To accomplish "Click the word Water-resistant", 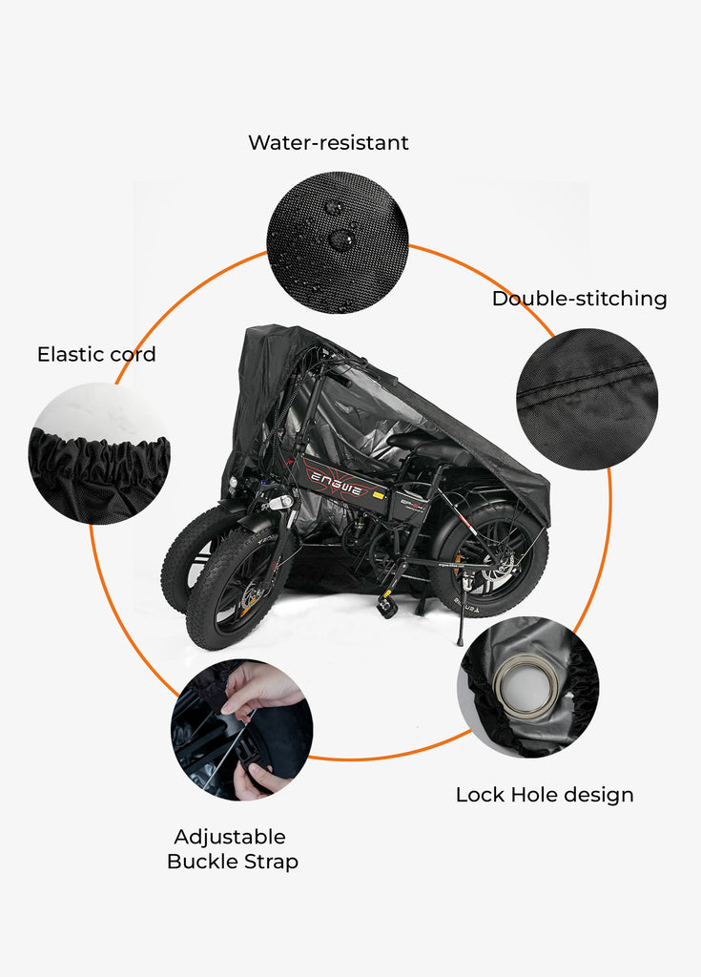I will (x=328, y=143).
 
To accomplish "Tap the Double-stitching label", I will (x=579, y=299).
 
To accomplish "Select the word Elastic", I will (x=70, y=355).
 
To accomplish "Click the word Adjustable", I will (x=230, y=837).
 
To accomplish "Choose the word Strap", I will (x=273, y=862).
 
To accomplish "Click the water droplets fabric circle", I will (x=338, y=242).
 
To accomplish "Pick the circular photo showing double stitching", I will (x=587, y=399).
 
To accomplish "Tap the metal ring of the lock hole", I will (x=526, y=686).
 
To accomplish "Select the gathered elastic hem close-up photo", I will (x=99, y=454).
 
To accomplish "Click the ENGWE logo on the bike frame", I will (x=341, y=478).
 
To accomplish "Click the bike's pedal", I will (x=387, y=605).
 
